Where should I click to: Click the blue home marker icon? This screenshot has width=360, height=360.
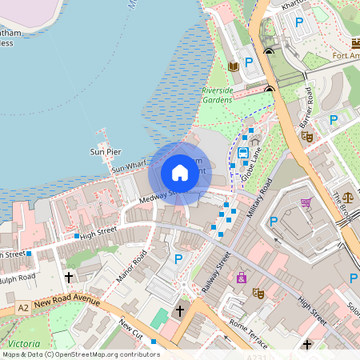coord(180,173)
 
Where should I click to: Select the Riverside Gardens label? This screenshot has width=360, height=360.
coord(218,95)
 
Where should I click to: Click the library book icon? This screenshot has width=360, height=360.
coord(234,66)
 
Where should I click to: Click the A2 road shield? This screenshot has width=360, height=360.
coord(24,308)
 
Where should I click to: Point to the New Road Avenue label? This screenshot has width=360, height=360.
coord(67,302)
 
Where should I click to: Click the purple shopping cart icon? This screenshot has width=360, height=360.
coord(306,203)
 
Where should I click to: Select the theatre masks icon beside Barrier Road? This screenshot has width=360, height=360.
coord(307,137)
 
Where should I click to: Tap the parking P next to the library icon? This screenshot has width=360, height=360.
coord(249,62)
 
